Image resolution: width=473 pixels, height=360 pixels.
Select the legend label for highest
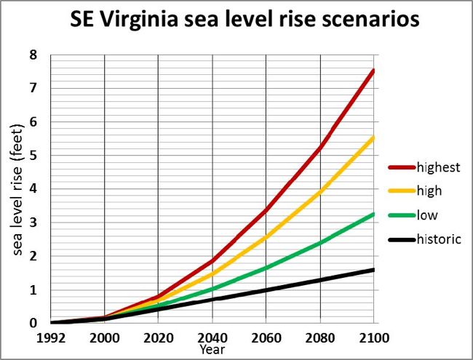click(x=439, y=167)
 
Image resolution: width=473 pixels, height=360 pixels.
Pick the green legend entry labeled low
click(x=428, y=215)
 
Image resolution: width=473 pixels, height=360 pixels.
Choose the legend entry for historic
click(x=440, y=239)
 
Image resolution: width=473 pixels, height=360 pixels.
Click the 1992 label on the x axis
click(x=52, y=338)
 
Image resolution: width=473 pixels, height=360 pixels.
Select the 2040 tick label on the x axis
click(x=212, y=338)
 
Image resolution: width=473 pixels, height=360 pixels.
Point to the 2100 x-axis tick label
click(x=373, y=338)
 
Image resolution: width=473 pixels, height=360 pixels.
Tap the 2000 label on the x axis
click(x=105, y=338)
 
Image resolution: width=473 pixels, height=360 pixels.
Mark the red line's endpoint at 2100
click(x=373, y=70)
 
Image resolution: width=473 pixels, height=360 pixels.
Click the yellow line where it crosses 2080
click(x=319, y=191)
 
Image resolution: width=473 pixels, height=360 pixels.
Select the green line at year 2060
click(x=266, y=268)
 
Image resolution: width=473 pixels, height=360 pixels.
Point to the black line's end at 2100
click(x=373, y=270)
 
